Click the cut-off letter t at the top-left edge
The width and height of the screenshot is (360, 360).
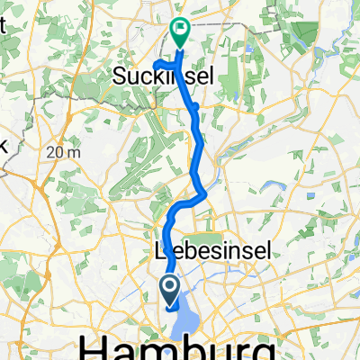point(4,26)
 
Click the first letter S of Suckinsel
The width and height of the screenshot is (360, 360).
point(119,79)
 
